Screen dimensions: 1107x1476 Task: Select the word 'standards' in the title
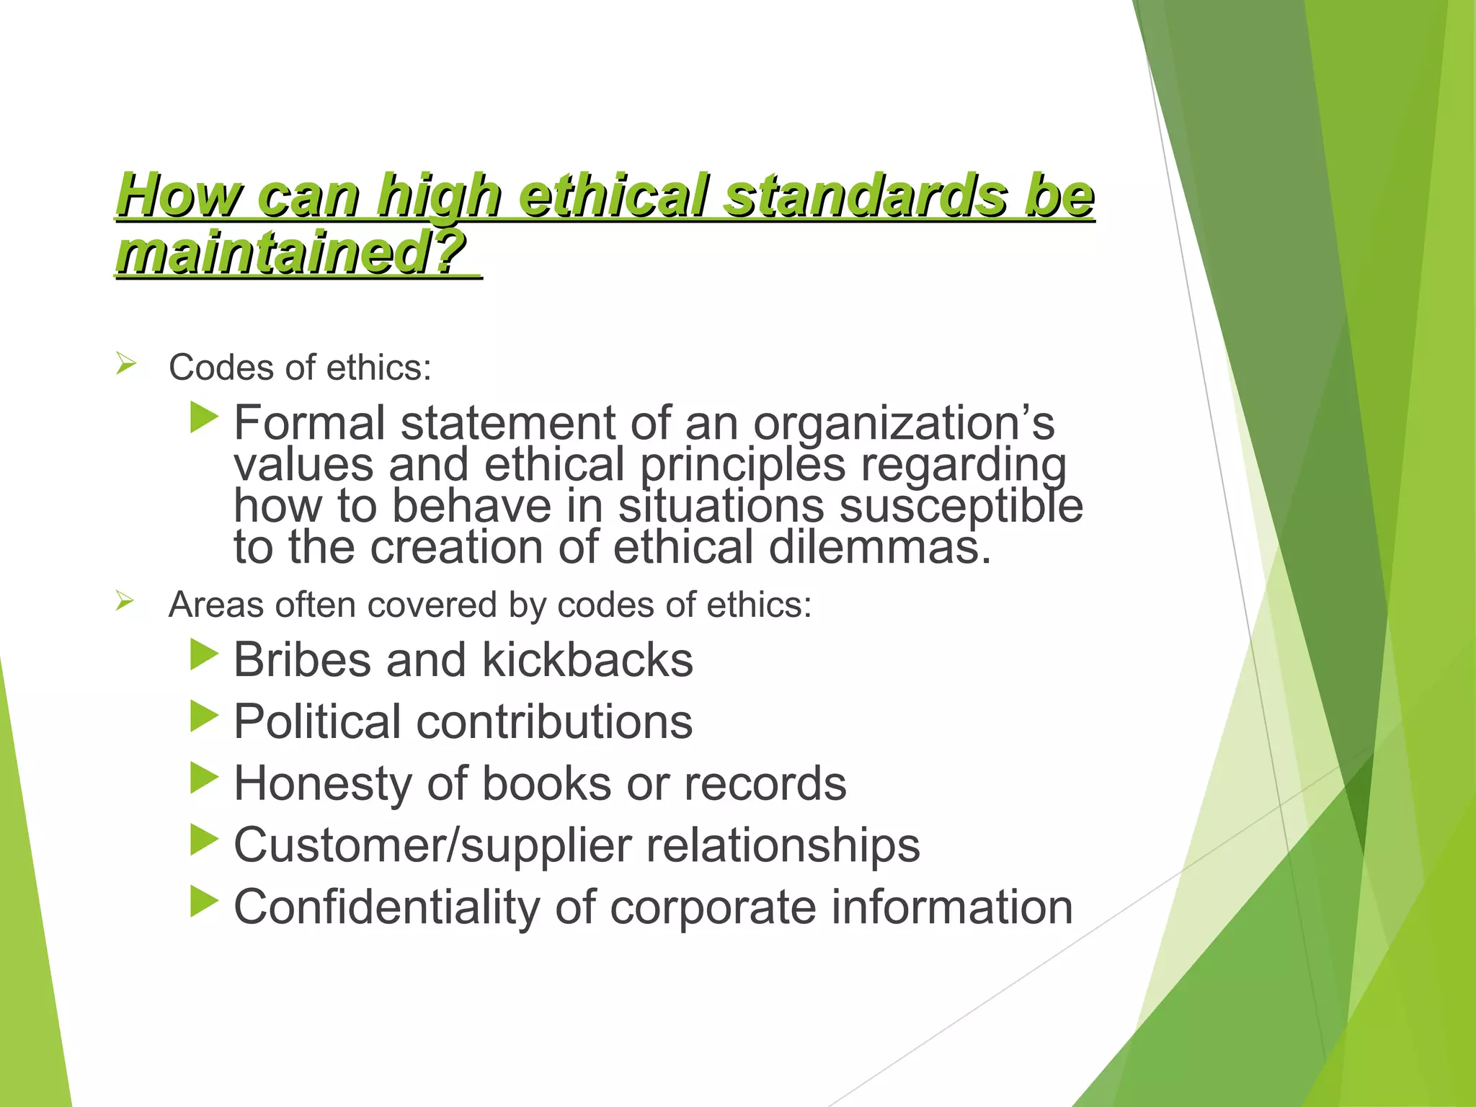(865, 196)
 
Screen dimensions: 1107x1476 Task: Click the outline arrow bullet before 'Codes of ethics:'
(125, 364)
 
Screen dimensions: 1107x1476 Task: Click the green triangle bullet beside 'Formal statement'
(204, 418)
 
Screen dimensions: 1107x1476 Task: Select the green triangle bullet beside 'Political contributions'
(204, 716)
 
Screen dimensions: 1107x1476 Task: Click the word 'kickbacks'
(587, 659)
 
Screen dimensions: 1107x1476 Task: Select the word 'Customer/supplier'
(432, 845)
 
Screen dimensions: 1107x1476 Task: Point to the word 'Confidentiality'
(386, 907)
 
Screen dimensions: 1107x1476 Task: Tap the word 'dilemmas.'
(880, 547)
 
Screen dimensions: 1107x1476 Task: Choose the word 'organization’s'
(904, 423)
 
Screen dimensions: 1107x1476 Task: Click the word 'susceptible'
(961, 506)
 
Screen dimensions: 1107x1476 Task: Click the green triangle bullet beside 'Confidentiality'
(204, 902)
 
